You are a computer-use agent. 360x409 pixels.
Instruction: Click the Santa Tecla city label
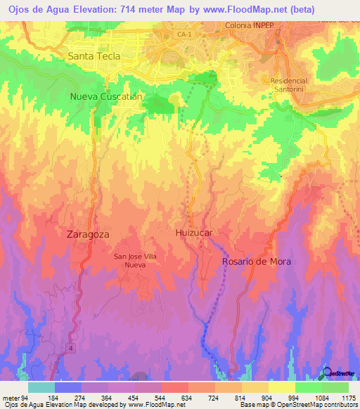click(x=94, y=56)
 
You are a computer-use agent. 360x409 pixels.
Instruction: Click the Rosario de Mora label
click(x=256, y=261)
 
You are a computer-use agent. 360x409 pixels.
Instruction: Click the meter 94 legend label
click(x=15, y=398)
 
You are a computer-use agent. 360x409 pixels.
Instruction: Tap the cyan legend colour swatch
click(x=41, y=387)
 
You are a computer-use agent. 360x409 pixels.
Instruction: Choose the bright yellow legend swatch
click(x=281, y=387)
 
